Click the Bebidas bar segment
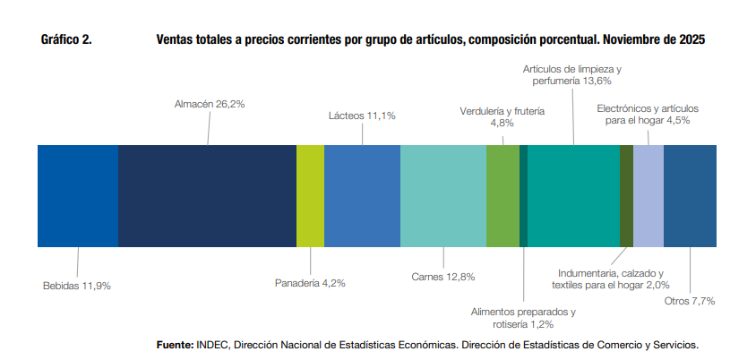[x=78, y=195]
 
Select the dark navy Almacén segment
[x=207, y=195]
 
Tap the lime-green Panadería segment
[x=310, y=195]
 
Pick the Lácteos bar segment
[x=362, y=195]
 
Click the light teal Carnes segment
[x=442, y=195]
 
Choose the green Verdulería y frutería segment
[x=502, y=195]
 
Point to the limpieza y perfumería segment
[x=573, y=195]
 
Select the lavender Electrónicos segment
[x=648, y=195]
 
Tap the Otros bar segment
[x=690, y=195]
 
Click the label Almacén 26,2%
[x=209, y=104]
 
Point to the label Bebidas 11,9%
[x=77, y=286]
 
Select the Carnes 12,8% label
[x=442, y=277]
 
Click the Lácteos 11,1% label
[x=362, y=116]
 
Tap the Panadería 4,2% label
[x=310, y=283]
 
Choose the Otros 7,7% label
[x=690, y=301]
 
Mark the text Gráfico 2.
[x=67, y=40]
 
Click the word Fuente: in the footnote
[x=175, y=344]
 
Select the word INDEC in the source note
[x=213, y=344]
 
